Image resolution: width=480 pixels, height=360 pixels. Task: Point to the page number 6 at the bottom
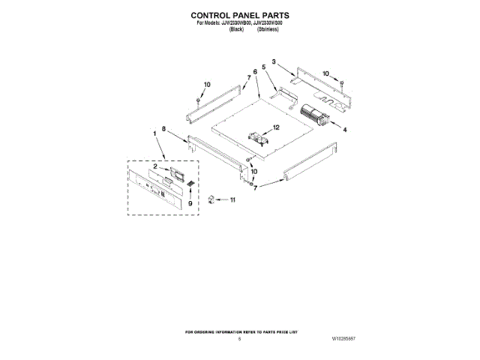tap(240, 339)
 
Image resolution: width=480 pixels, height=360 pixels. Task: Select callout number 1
tap(155, 135)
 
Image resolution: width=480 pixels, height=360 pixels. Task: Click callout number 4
tap(344, 130)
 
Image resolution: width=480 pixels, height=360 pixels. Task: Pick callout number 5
tap(264, 67)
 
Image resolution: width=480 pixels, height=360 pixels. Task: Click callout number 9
tap(190, 202)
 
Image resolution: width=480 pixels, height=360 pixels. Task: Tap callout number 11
tap(232, 200)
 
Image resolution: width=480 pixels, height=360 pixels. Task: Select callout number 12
tap(275, 127)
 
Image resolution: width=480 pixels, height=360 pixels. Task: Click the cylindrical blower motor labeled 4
tap(314, 117)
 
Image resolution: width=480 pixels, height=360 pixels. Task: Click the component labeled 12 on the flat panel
tap(258, 138)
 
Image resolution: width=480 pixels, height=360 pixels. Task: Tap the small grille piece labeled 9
tap(190, 184)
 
